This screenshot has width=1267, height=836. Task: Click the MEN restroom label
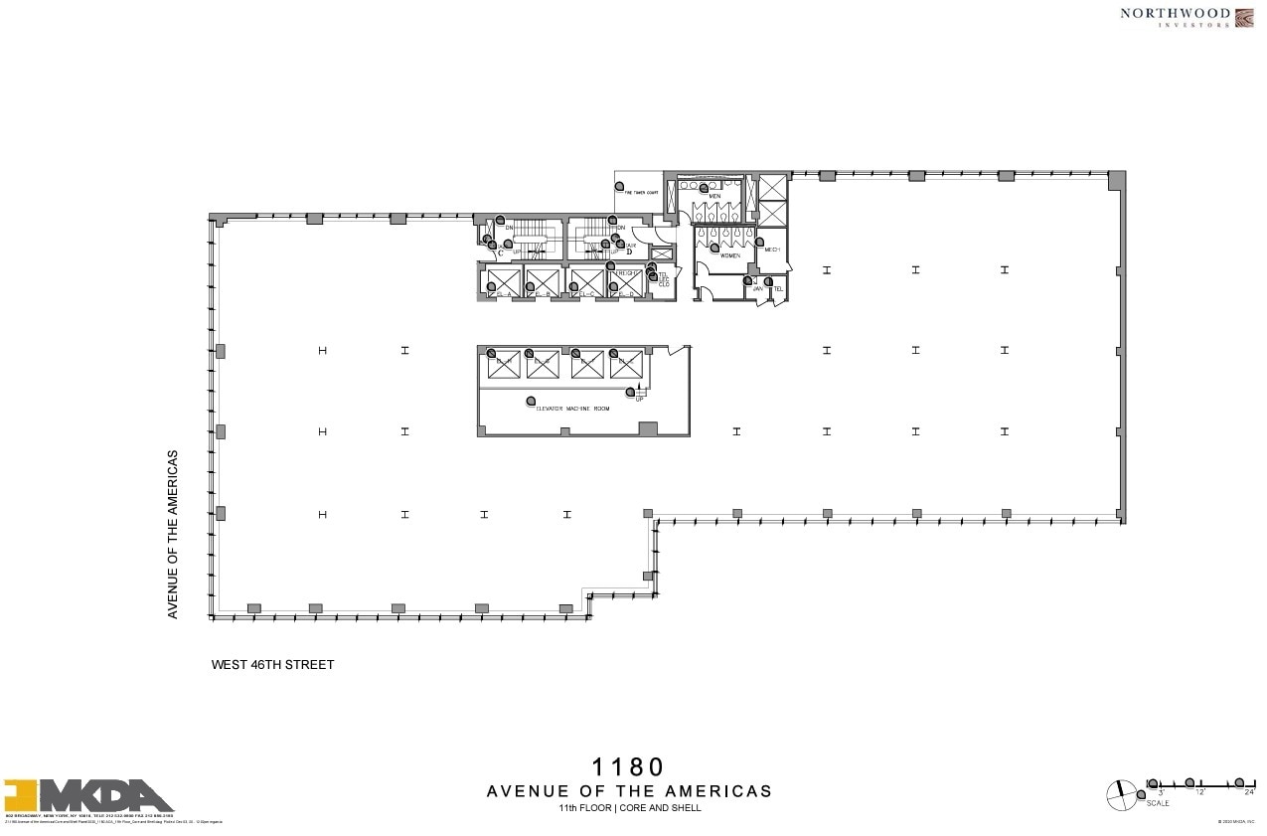pyautogui.click(x=714, y=196)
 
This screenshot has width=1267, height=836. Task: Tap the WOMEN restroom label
pyautogui.click(x=730, y=255)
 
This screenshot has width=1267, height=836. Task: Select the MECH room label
pyautogui.click(x=772, y=250)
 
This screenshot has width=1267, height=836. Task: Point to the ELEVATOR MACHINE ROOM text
pyautogui.click(x=572, y=409)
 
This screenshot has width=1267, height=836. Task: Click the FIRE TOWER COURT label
pyautogui.click(x=636, y=193)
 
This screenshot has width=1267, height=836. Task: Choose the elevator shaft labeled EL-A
pyautogui.click(x=504, y=283)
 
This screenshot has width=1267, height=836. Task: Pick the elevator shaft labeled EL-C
pyautogui.click(x=587, y=283)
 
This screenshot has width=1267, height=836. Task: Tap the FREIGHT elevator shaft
pyautogui.click(x=628, y=282)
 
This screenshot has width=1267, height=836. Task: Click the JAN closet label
pyautogui.click(x=756, y=288)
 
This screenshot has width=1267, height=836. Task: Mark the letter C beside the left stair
pyautogui.click(x=501, y=252)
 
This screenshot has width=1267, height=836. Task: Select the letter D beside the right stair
pyautogui.click(x=629, y=251)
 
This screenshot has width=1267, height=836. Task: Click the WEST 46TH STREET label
pyautogui.click(x=273, y=665)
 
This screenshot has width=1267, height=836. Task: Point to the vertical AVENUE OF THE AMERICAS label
pyautogui.click(x=173, y=535)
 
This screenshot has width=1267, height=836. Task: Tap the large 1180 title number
pyautogui.click(x=628, y=767)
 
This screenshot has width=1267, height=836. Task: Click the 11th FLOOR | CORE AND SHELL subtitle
pyautogui.click(x=629, y=808)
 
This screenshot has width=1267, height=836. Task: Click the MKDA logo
pyautogui.click(x=89, y=797)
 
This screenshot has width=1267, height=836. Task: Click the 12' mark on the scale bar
pyautogui.click(x=1200, y=792)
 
